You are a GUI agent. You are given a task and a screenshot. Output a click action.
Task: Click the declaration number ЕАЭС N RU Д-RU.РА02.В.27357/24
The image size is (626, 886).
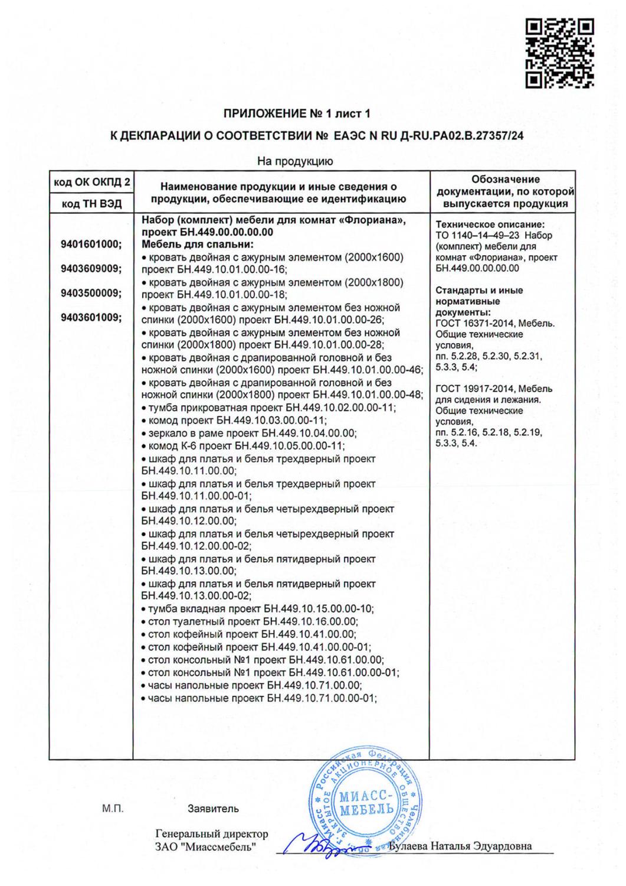pos(425,136)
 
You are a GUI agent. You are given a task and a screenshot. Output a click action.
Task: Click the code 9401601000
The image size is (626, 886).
pos(91,244)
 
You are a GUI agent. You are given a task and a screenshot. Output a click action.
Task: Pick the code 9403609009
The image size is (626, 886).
pos(91,269)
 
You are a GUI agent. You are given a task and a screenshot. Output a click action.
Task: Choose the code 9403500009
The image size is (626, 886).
pos(91,293)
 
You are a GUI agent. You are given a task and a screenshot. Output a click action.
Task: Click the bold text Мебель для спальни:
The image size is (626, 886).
pos(197,244)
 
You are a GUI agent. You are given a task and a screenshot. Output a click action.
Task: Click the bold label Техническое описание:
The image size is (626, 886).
pos(490,224)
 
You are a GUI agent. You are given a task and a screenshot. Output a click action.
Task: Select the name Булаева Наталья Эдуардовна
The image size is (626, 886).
pos(461,846)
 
